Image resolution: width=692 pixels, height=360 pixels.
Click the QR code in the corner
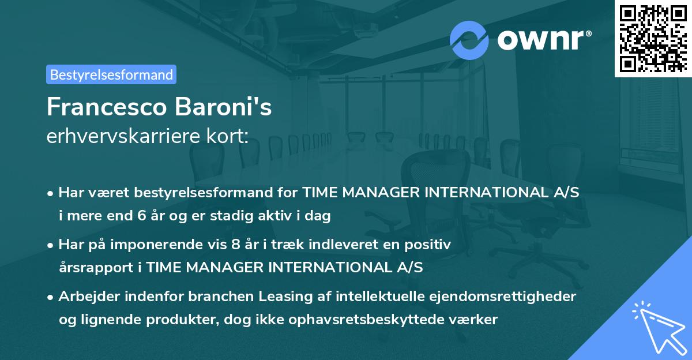point(653,39)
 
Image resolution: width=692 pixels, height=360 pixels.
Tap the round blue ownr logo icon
point(469,40)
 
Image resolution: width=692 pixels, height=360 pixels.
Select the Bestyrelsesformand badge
point(111,74)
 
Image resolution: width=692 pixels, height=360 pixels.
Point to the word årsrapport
point(92,267)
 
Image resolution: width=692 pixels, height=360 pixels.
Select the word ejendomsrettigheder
point(510,297)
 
